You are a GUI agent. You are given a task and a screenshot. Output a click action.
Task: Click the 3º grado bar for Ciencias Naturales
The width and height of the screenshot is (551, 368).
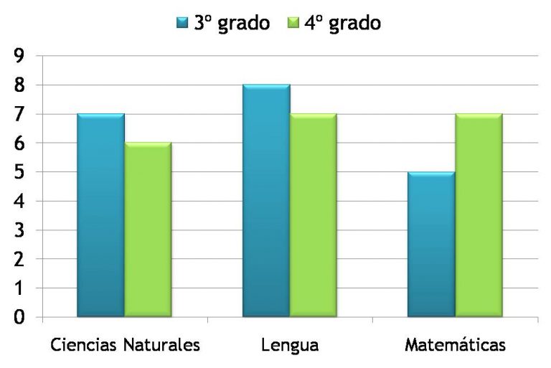point(100,215)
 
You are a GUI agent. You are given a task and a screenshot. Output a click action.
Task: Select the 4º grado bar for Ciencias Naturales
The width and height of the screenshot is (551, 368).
point(148,230)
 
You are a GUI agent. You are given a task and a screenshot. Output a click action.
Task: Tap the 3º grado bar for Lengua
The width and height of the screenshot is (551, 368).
point(266,201)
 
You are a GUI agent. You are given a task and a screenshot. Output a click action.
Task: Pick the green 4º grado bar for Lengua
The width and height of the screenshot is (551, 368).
point(314,215)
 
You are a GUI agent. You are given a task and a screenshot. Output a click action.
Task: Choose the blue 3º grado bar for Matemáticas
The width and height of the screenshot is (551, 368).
point(431,244)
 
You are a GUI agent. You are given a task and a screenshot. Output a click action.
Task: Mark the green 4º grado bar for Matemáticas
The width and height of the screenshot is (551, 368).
point(479,215)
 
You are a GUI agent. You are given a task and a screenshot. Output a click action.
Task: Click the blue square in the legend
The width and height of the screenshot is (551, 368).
point(182,24)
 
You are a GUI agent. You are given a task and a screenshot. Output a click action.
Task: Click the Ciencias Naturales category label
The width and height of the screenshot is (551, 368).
point(125,345)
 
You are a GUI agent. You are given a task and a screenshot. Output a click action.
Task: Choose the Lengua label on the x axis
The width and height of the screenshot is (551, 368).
point(291,345)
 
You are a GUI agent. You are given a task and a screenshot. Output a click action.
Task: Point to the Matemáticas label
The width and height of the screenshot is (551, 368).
point(455,345)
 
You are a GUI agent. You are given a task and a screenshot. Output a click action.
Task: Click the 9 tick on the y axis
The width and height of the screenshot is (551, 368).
point(19,56)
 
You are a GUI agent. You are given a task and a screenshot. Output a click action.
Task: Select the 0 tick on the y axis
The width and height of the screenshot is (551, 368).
point(19,317)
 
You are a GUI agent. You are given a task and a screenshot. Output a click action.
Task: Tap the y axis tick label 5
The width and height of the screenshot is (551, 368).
point(19,172)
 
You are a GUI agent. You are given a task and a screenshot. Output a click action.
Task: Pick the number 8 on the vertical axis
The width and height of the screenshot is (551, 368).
point(19,85)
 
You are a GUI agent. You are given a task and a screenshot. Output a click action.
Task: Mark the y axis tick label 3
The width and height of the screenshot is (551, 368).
point(19,230)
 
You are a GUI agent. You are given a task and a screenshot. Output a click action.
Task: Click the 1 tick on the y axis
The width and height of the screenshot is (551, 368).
point(19,288)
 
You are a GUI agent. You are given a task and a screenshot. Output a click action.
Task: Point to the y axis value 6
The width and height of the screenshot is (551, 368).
point(19,143)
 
